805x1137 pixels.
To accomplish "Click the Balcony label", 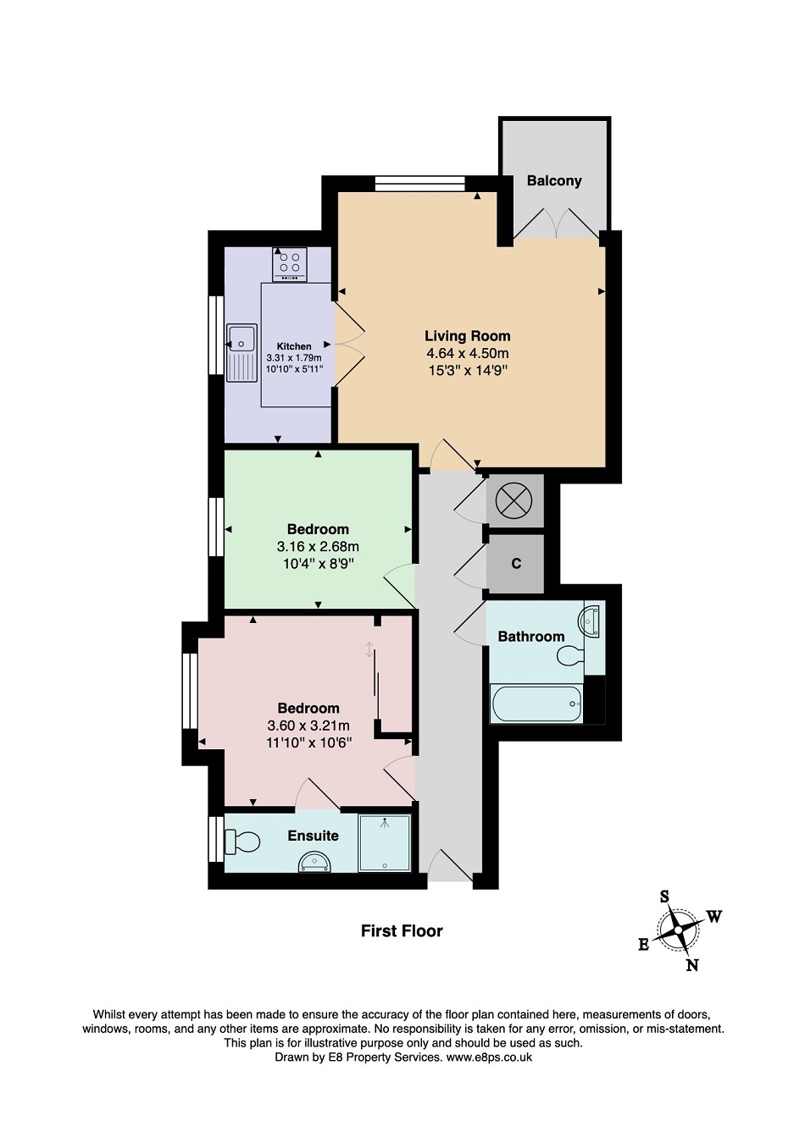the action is point(553,180).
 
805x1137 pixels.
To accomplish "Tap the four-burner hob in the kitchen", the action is point(290,264).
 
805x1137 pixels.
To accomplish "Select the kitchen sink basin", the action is point(241,338).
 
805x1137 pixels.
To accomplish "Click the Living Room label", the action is point(467,336).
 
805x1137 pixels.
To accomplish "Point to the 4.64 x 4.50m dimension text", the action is point(467,353).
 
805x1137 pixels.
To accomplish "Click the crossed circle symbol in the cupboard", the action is point(514,501).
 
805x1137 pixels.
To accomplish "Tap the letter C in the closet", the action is point(516,564).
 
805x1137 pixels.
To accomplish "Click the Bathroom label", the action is point(530,637).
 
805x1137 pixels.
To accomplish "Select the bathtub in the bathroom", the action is point(536,704).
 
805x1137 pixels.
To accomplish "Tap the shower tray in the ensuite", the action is point(385,843).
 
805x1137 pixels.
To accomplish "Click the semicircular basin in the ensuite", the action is point(314,863).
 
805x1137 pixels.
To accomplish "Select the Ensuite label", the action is point(313,836).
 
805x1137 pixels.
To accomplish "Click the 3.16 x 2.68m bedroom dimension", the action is point(318,547).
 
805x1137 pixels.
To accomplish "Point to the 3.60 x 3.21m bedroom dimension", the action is point(308,726).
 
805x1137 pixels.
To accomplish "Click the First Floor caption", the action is point(402,930).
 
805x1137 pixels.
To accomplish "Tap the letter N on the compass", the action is point(691,965).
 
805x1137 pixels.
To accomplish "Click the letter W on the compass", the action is point(714,916).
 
